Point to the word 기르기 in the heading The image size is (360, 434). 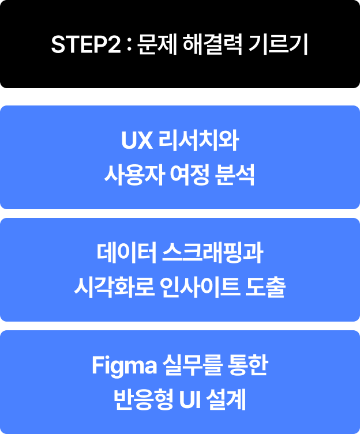(280, 44)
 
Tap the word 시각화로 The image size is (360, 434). (112, 287)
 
